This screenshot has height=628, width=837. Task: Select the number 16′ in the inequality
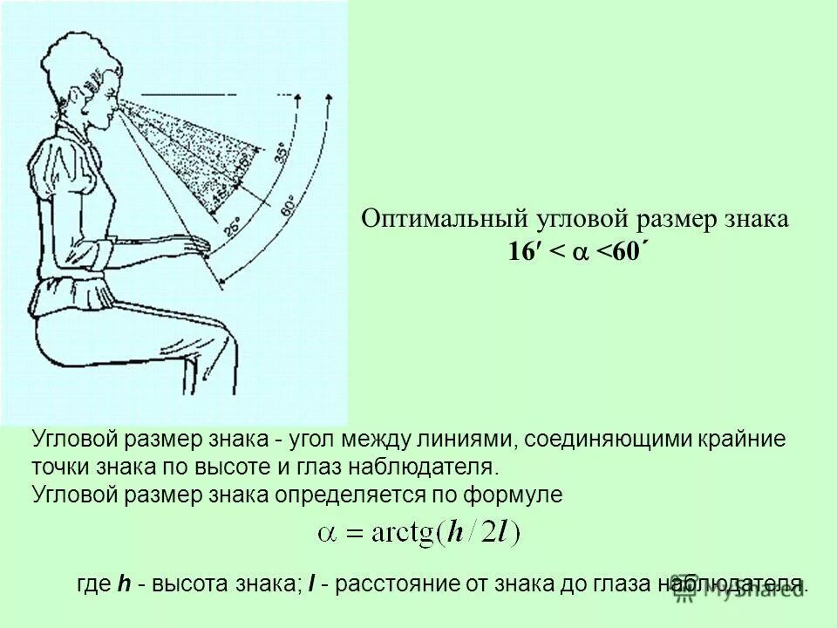point(523,252)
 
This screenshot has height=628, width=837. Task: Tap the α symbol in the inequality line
point(580,253)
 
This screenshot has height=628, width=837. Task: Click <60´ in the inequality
point(623,252)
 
